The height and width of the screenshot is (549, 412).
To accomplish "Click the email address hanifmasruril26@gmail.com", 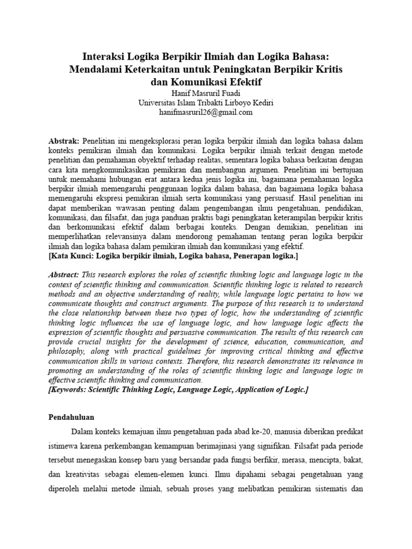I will point(205,112).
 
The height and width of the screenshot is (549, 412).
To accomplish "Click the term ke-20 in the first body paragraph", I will point(273,432).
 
